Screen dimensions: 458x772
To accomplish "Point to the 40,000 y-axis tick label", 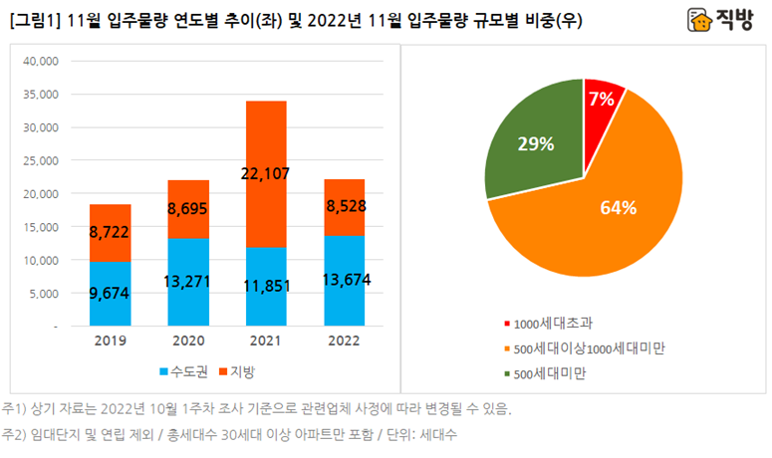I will pos(40,61).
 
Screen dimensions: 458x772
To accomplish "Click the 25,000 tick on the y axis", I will pos(40,160).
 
